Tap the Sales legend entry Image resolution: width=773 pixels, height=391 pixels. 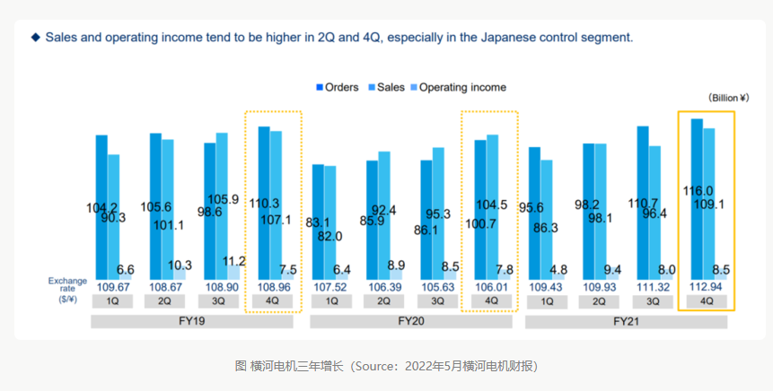(x=391, y=88)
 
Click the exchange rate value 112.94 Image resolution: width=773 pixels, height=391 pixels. (x=707, y=286)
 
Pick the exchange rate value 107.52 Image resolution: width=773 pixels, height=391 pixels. (x=328, y=286)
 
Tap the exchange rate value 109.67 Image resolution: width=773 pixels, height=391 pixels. (x=112, y=286)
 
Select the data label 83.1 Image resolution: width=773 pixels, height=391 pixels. (x=318, y=222)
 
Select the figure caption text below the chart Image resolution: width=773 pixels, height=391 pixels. (x=386, y=366)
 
